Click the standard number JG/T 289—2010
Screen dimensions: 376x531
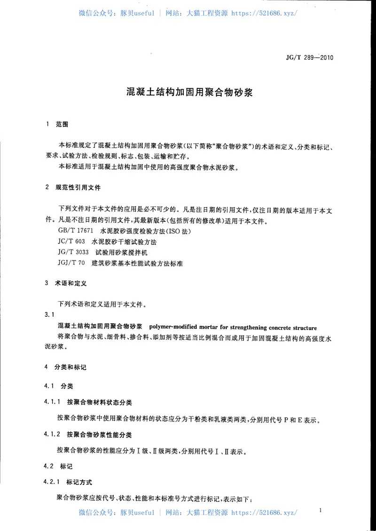[309, 58]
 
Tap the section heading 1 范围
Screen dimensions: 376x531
[58, 125]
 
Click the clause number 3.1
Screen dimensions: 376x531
[49, 314]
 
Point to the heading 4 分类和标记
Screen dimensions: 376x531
[65, 367]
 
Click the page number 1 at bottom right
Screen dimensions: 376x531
[320, 510]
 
